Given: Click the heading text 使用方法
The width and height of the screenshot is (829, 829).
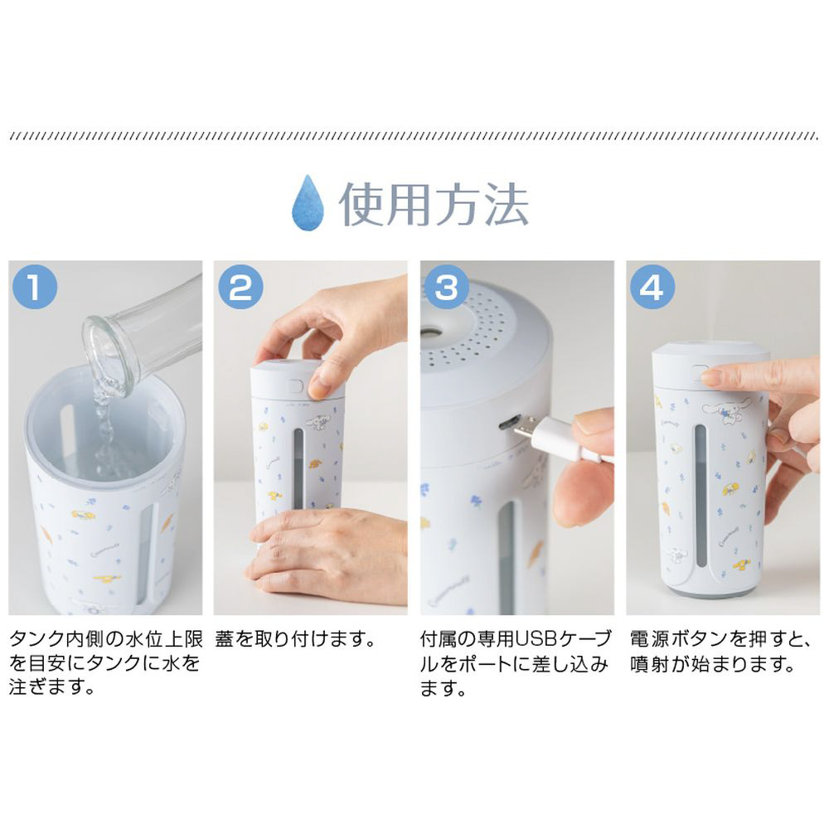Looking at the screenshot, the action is tap(434, 204).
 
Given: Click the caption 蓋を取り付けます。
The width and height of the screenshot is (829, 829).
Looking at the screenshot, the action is tap(296, 640).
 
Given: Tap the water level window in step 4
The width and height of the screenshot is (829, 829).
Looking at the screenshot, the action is tap(701, 495).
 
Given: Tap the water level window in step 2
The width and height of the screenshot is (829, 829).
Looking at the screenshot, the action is tap(298, 468).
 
